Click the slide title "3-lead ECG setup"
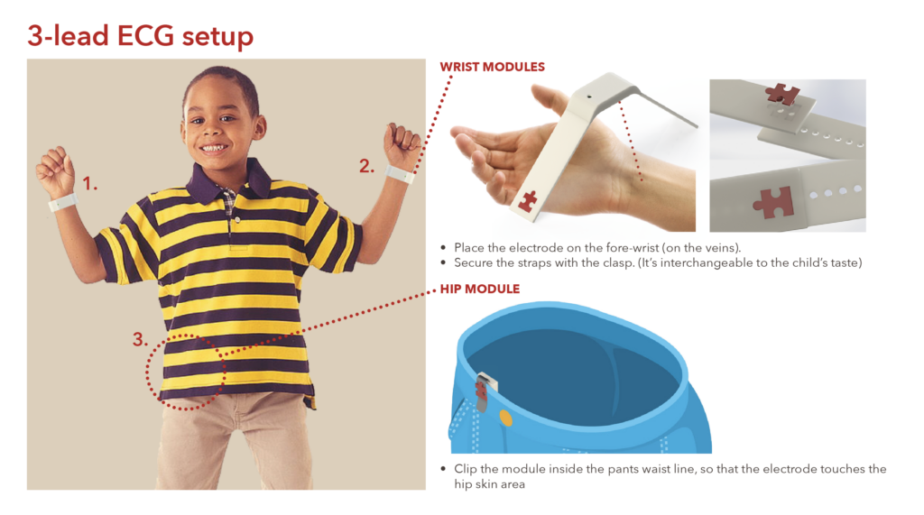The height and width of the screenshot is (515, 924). pyautogui.click(x=140, y=36)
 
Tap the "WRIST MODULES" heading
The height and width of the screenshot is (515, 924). pyautogui.click(x=492, y=67)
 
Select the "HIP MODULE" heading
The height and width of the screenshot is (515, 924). pyautogui.click(x=480, y=289)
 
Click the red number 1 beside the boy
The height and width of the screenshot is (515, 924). pyautogui.click(x=89, y=184)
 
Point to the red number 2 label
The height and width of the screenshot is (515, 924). pyautogui.click(x=366, y=167)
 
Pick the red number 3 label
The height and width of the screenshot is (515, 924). pyautogui.click(x=140, y=339)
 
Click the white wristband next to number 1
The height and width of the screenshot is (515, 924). pyautogui.click(x=62, y=203)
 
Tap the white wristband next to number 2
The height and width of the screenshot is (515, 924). pyautogui.click(x=400, y=174)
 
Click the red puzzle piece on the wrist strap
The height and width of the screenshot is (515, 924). pyautogui.click(x=527, y=200)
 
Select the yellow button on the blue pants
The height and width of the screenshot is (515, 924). pyautogui.click(x=505, y=418)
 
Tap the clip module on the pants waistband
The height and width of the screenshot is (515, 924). pyautogui.click(x=484, y=390)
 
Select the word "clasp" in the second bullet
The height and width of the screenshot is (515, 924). pyautogui.click(x=618, y=262)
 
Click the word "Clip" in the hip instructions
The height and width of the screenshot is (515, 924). pyautogui.click(x=465, y=470)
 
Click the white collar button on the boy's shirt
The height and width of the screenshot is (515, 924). pyautogui.click(x=237, y=220)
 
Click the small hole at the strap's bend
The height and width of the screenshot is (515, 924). pyautogui.click(x=590, y=96)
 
